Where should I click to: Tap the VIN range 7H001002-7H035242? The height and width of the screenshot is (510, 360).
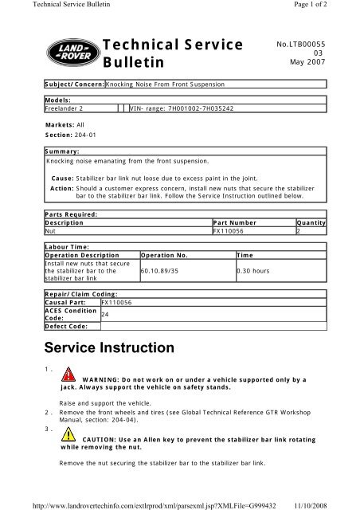186,108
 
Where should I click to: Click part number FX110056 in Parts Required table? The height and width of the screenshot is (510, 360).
229,231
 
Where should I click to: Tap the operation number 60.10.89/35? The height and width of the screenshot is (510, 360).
166,271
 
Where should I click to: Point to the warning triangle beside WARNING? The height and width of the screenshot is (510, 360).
71,376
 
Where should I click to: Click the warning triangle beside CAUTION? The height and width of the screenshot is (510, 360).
71,437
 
